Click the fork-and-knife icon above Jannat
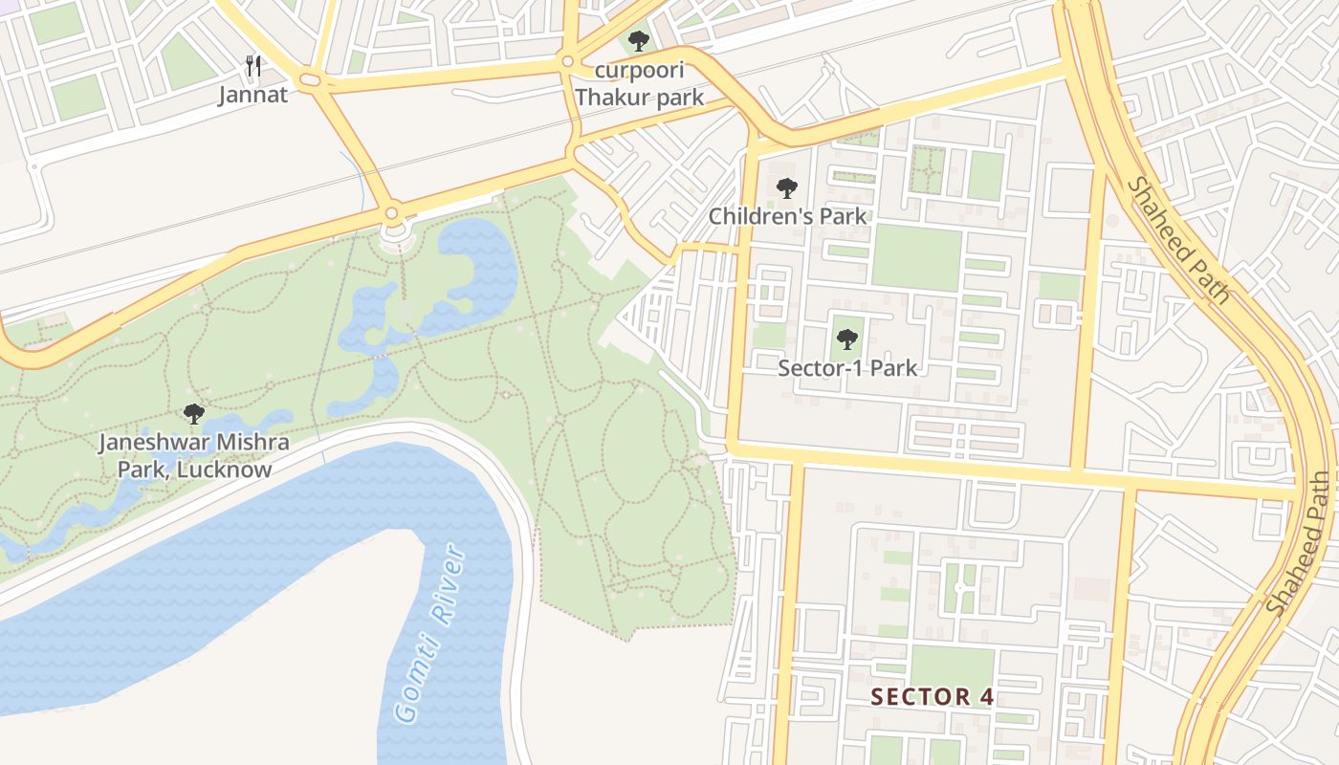coord(253,65)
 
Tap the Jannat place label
coord(252,95)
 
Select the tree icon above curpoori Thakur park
coord(638,41)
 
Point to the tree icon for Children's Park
coord(786,188)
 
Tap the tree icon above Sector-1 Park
coord(846,339)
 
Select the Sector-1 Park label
coord(847,368)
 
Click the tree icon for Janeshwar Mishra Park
coord(194,414)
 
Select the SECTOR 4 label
coord(933,696)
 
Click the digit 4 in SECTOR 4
coord(987,696)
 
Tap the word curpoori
coord(640,71)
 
